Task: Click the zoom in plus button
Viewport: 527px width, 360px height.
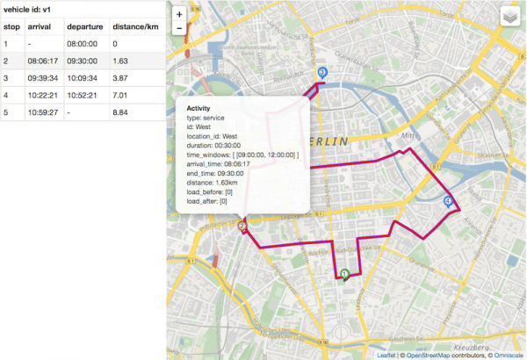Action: [179, 14]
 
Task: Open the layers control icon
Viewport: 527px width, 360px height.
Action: [510, 17]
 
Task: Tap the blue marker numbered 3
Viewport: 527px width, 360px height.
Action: [322, 73]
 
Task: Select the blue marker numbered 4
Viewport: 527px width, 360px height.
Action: [449, 202]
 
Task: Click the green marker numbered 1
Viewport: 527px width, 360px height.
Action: [345, 274]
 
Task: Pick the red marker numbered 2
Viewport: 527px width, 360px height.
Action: [242, 227]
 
